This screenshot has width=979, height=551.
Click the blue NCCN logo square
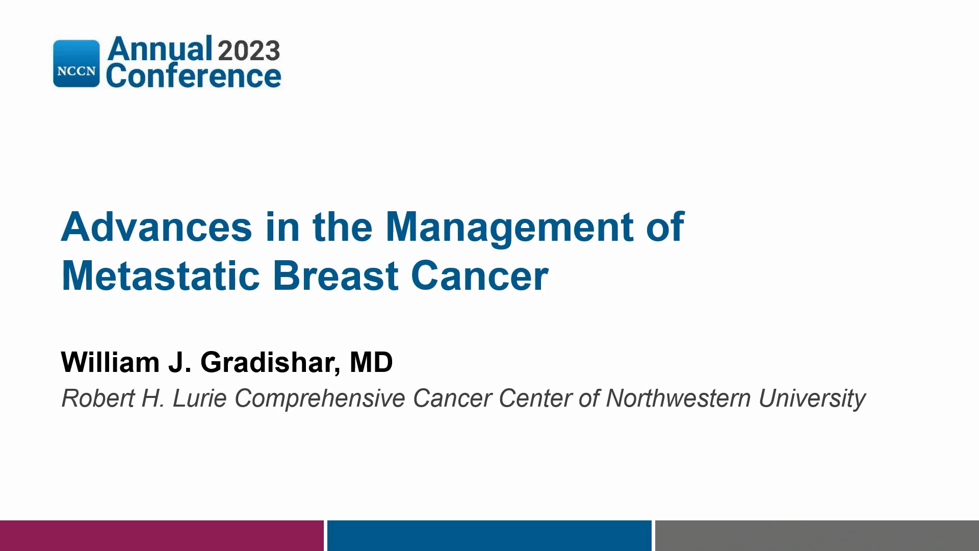(x=76, y=63)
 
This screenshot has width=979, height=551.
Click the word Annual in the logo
(x=160, y=49)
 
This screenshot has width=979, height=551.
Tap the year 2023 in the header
(x=249, y=51)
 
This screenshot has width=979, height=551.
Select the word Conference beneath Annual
(x=193, y=76)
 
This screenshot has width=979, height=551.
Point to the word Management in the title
(x=509, y=228)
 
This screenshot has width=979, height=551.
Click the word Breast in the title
(x=336, y=275)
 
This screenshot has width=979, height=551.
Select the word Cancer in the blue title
(x=479, y=275)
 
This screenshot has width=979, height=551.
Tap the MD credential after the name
(x=371, y=362)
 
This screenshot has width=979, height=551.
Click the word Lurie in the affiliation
(x=199, y=398)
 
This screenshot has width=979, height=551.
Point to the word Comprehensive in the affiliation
(x=320, y=398)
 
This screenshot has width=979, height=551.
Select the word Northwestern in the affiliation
(x=678, y=398)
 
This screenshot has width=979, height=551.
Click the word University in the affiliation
(x=812, y=398)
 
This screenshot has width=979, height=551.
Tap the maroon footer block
(x=162, y=536)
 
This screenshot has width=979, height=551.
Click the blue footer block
(x=489, y=536)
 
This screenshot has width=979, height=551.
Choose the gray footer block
(x=817, y=536)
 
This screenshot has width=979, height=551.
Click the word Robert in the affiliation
(x=98, y=398)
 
